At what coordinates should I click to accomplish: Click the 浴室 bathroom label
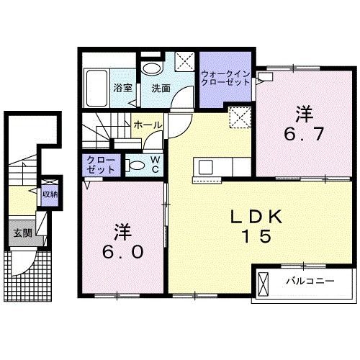(x=123, y=89)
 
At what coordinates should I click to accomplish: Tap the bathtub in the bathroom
(x=96, y=87)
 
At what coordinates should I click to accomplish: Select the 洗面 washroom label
(x=160, y=89)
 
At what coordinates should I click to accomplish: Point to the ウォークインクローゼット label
(x=225, y=78)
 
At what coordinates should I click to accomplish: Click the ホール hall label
(x=148, y=125)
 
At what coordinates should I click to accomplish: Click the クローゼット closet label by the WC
(x=100, y=164)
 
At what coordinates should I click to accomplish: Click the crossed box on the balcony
(x=263, y=282)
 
